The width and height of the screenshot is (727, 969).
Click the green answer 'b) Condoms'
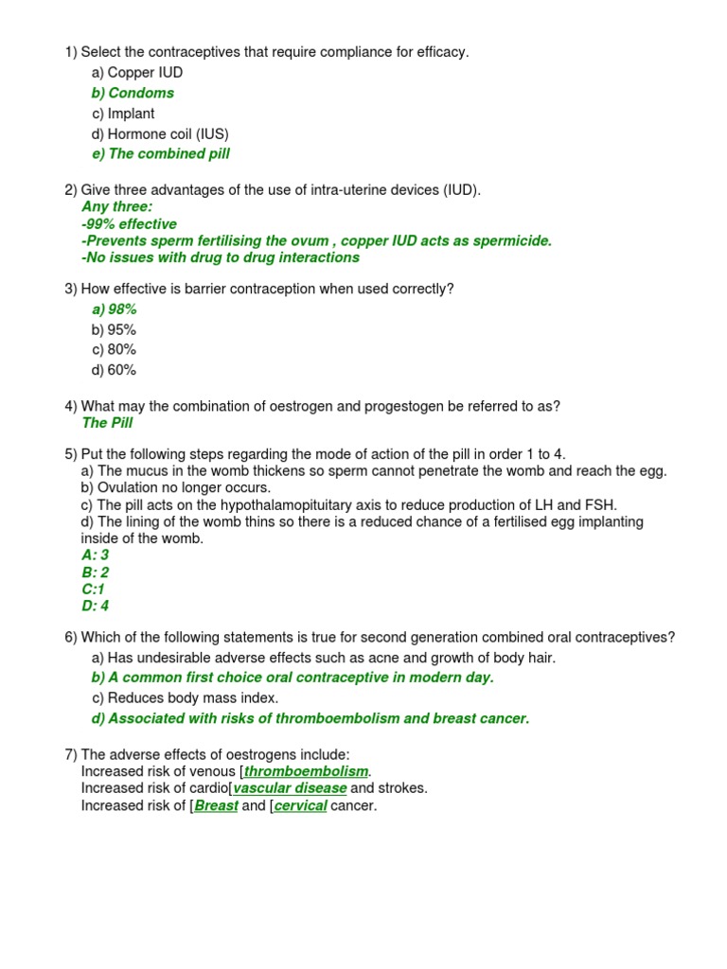[133, 93]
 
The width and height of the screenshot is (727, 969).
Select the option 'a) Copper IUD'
[137, 73]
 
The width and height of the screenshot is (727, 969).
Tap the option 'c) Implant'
[123, 114]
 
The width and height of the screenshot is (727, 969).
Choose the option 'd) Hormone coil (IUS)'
[160, 134]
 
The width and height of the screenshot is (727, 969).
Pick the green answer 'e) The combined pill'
[161, 154]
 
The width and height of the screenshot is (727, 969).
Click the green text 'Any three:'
[116, 206]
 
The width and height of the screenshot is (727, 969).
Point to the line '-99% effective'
[129, 224]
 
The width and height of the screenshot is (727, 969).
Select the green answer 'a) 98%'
[115, 309]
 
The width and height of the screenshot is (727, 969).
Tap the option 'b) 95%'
[115, 330]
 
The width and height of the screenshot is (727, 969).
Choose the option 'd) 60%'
[115, 370]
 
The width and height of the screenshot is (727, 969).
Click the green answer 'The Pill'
[107, 423]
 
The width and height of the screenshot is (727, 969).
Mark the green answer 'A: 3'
[96, 555]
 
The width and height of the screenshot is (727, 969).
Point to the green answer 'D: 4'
[96, 606]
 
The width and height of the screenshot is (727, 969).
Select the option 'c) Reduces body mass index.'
[185, 698]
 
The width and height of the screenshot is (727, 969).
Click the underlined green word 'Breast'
[216, 806]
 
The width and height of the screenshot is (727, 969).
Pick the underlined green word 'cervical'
[300, 806]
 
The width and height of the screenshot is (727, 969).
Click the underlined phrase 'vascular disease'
[290, 788]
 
